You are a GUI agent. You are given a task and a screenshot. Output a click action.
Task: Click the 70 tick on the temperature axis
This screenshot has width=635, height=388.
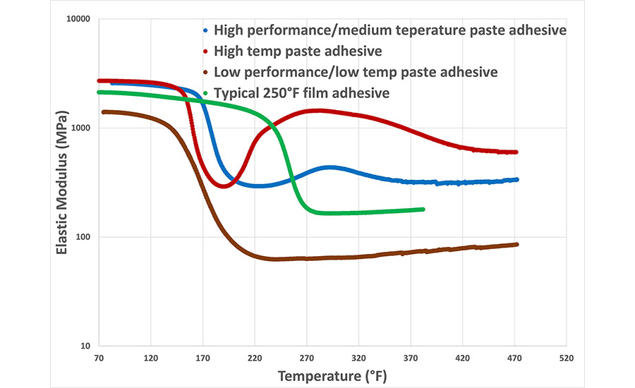click(99, 358)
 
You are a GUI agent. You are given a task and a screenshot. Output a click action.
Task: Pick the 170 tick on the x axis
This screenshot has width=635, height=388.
click(202, 358)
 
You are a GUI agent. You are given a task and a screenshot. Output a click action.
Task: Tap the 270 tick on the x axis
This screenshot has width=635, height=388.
click(306, 358)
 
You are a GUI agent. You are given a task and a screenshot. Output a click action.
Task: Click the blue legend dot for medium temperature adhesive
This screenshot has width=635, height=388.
click(205, 30)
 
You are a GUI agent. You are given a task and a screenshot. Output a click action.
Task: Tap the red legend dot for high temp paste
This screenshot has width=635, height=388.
click(205, 51)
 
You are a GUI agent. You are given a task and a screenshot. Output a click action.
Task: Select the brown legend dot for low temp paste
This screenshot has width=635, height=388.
click(205, 73)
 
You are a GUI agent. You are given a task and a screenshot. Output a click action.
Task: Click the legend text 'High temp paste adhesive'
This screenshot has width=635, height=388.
click(298, 51)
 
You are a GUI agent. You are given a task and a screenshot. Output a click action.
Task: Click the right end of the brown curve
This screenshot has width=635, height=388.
click(516, 245)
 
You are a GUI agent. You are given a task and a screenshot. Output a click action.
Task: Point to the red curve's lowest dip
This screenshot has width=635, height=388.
click(224, 186)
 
